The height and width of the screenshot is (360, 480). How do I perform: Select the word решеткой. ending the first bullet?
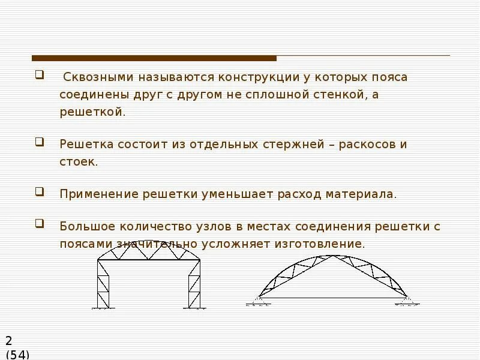(92, 112)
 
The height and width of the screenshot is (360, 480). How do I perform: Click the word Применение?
(98, 194)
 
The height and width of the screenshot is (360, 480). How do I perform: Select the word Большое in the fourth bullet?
(87, 227)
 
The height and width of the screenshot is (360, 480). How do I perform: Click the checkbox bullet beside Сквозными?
(40, 76)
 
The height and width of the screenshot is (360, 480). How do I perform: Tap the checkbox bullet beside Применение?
(40, 193)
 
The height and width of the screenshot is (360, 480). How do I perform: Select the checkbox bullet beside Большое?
(40, 225)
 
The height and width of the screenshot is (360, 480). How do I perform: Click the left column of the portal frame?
(103, 286)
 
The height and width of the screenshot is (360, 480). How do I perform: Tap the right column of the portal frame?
(194, 286)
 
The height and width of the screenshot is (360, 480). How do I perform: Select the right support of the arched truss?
(404, 298)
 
